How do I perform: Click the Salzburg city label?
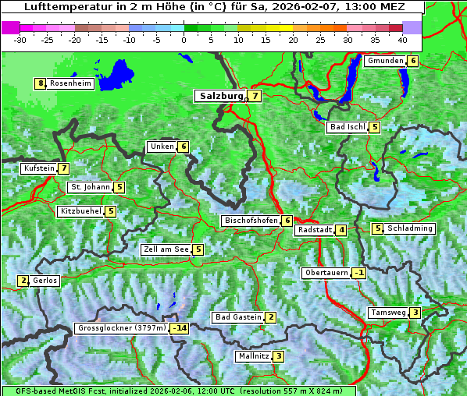pos(220,96)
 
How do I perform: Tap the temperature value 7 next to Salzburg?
pos(255,96)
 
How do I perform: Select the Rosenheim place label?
pos(70,83)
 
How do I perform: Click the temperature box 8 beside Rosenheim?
pos(40,83)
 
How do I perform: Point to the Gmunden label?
pos(385,61)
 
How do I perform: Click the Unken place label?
pos(162,147)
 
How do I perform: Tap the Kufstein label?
pos(39,168)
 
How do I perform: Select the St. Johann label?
pos(90,187)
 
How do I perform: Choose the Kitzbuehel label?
pos(80,211)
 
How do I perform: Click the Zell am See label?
pos(166,249)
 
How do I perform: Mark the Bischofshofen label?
pos(251,221)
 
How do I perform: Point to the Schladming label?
pos(410,228)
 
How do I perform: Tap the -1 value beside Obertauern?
pos(358,273)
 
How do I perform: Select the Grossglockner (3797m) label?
pos(122,328)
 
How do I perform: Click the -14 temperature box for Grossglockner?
pos(180,328)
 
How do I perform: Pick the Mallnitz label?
pos(253,356)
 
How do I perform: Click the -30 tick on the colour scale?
pos(20,39)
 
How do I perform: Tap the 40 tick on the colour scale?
pos(402,39)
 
